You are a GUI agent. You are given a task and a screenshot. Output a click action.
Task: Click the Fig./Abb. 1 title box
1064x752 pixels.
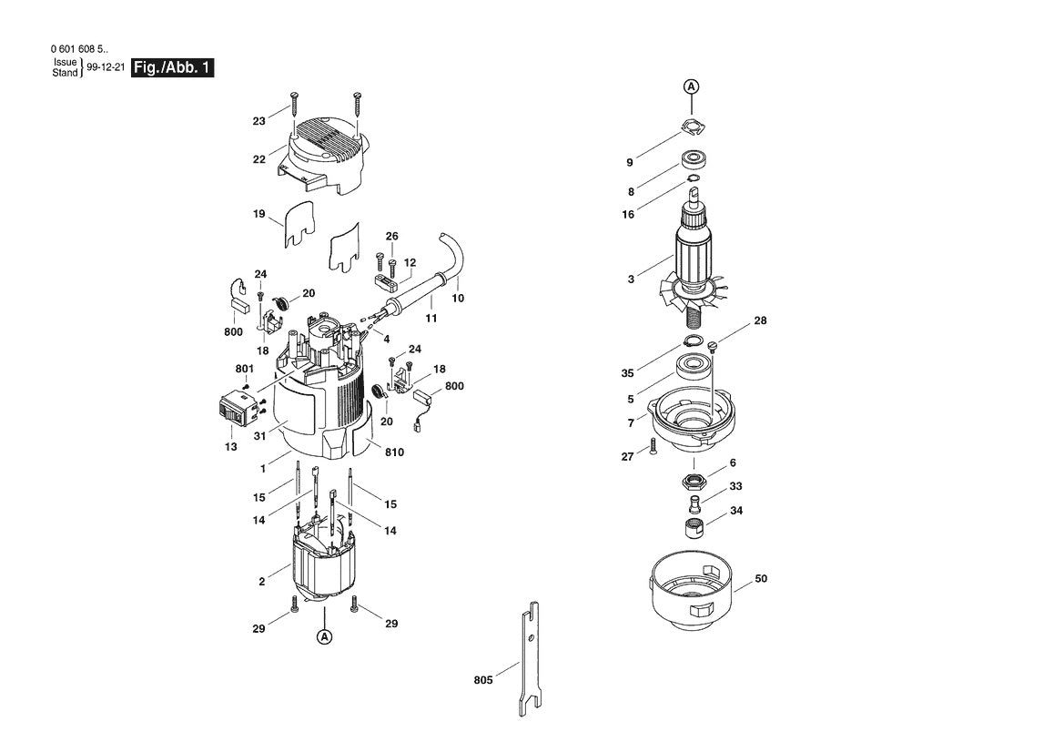tap(173, 67)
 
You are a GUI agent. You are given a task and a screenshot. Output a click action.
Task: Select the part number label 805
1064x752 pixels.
tap(483, 680)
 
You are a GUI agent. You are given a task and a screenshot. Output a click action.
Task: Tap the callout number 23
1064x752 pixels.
tap(259, 120)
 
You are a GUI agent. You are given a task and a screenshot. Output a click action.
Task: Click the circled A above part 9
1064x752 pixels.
tap(691, 86)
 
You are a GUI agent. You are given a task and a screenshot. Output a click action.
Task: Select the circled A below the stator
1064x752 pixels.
tap(324, 637)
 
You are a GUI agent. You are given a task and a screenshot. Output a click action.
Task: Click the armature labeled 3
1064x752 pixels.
tap(696, 264)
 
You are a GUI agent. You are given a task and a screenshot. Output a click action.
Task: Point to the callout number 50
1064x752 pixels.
tap(761, 578)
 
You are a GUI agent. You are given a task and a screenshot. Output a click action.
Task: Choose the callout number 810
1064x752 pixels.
tap(394, 452)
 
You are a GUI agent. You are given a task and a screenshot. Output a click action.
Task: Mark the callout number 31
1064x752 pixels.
tap(258, 437)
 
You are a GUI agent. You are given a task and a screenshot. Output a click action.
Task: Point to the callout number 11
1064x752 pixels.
tap(431, 319)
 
